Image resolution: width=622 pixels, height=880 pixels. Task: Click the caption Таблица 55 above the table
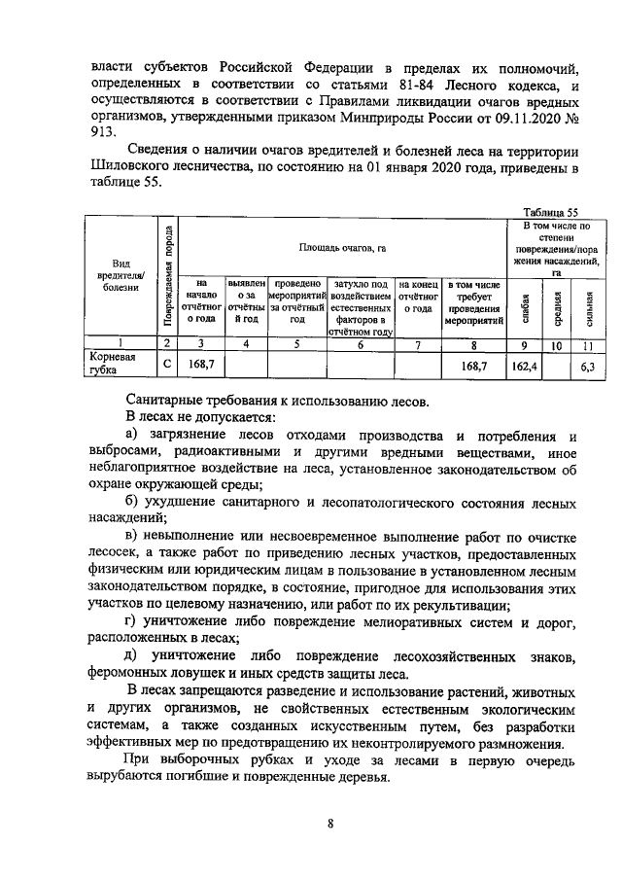click(x=550, y=211)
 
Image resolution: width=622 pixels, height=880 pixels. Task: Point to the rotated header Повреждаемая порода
click(x=168, y=278)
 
